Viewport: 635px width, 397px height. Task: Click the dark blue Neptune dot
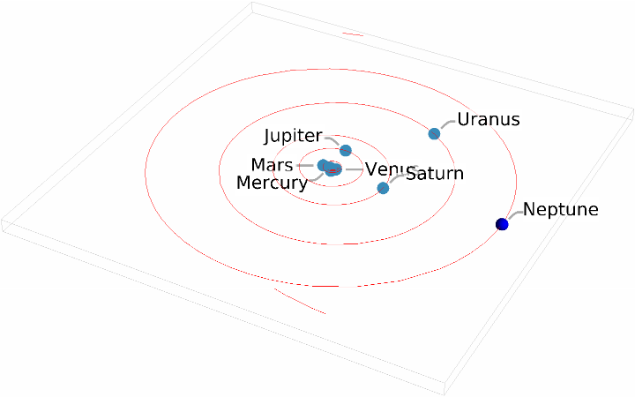[503, 224]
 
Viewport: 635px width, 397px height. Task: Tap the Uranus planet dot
[434, 134]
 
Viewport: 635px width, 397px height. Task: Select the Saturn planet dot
[383, 188]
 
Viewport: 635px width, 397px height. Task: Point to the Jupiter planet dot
[346, 151]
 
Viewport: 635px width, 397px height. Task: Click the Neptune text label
[561, 210]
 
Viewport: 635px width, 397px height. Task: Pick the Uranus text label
[488, 119]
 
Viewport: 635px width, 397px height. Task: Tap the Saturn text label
[435, 174]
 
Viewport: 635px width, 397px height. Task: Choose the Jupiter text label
[294, 136]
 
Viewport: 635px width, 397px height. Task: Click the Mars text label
[272, 165]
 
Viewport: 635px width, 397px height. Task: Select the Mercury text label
[273, 183]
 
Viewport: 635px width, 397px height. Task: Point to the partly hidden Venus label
[384, 169]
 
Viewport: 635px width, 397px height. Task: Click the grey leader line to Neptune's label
[513, 215]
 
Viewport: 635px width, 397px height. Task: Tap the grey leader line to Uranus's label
[445, 124]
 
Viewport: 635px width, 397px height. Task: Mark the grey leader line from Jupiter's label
[332, 139]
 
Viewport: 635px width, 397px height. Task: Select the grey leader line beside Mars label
[306, 165]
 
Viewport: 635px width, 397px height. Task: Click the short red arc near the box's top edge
[353, 34]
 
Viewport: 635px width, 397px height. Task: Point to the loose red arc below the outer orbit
[299, 300]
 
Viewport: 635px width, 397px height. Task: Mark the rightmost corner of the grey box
[632, 112]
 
